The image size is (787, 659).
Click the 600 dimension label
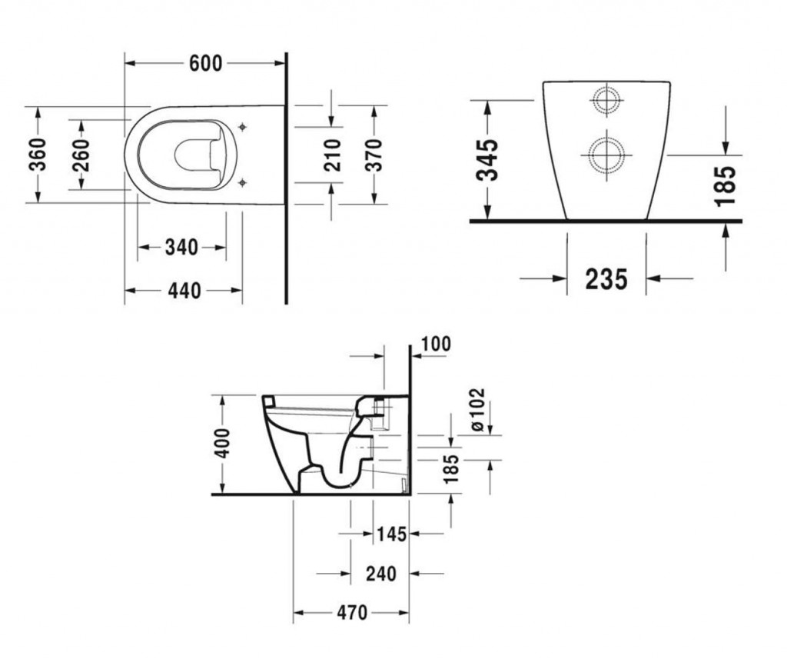[205, 64]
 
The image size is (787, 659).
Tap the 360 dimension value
[38, 155]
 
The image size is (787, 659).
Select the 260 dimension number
[81, 155]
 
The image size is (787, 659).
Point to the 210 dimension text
[332, 155]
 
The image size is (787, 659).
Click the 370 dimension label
[374, 155]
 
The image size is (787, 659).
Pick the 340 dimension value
[181, 248]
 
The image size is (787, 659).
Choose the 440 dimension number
[184, 291]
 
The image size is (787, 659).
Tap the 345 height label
[487, 159]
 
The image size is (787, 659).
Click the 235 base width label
[606, 279]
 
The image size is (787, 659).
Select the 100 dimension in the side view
[436, 344]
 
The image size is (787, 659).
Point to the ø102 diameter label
[477, 409]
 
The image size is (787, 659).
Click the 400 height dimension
[221, 443]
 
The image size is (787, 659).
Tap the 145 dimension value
[391, 534]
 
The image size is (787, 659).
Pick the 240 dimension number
[381, 573]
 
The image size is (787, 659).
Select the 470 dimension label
[352, 613]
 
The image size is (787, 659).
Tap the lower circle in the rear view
[607, 155]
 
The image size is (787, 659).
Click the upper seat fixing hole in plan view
[242, 127]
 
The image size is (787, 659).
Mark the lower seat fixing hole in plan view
[242, 182]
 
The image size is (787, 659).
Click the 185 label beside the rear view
[726, 186]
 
